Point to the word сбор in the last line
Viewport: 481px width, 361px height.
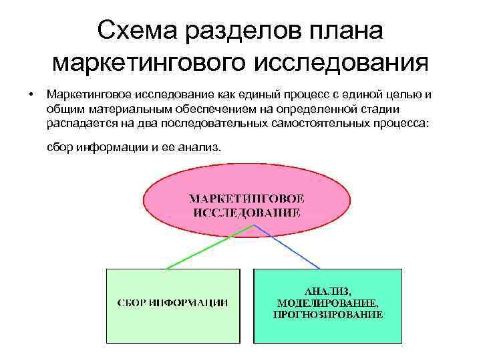pyautogui.click(x=59, y=146)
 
